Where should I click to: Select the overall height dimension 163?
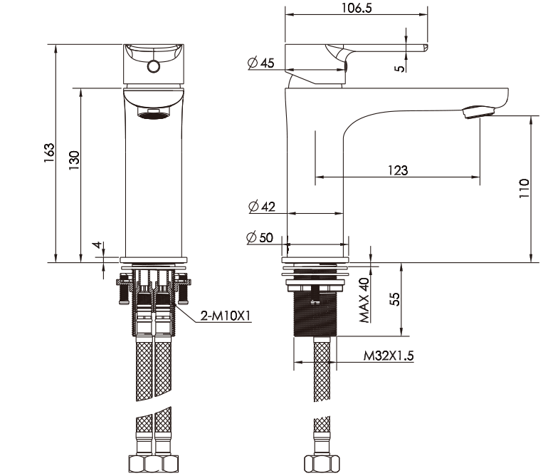pyautogui.click(x=49, y=153)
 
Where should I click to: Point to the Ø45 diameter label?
pyautogui.click(x=261, y=63)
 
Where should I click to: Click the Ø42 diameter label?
pyautogui.click(x=262, y=207)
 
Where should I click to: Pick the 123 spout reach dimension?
pyautogui.click(x=398, y=170)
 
